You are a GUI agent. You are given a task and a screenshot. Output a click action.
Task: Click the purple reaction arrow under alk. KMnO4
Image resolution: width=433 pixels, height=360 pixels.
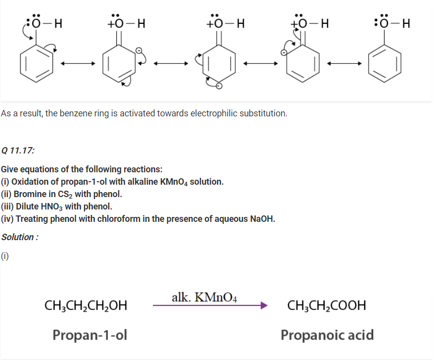tap(210, 306)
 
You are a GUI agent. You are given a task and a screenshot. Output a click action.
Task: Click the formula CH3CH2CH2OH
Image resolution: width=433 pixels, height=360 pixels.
tap(86, 306)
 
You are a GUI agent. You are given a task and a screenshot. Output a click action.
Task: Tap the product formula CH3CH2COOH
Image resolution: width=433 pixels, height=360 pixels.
tap(327, 306)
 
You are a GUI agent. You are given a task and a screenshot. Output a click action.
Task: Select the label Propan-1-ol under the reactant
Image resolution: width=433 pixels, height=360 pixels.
tap(90, 335)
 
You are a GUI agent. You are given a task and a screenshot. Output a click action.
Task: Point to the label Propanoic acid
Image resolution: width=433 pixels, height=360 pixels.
tap(327, 335)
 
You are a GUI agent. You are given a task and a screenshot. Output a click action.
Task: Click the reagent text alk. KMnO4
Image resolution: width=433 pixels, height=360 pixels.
tap(204, 297)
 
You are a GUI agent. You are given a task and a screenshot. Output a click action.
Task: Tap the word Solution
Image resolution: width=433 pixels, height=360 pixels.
tap(18, 237)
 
